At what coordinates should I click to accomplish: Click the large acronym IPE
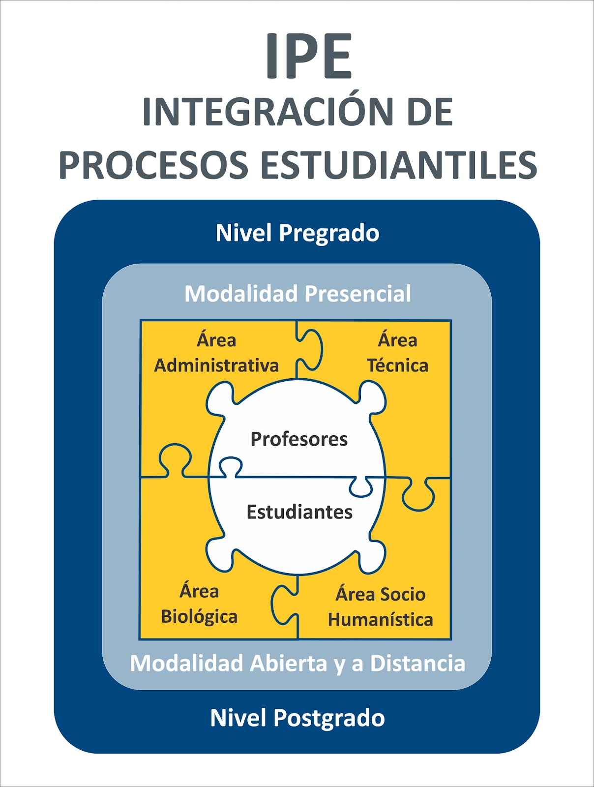309,56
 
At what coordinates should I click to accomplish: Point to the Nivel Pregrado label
297,233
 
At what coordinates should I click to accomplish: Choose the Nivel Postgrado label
297,718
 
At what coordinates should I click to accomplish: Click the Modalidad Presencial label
297,294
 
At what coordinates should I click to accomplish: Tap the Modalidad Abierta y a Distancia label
297,663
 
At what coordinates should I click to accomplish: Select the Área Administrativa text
216,353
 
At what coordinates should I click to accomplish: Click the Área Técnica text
397,353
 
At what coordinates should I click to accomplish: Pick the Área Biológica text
199,604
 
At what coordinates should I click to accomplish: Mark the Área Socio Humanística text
381,607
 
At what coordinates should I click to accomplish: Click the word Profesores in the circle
299,439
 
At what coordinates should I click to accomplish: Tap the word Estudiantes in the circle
299,512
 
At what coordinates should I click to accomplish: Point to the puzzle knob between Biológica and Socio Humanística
284,604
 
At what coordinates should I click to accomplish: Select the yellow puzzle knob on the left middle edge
175,457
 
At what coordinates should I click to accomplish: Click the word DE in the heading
430,112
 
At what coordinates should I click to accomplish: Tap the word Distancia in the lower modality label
417,663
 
